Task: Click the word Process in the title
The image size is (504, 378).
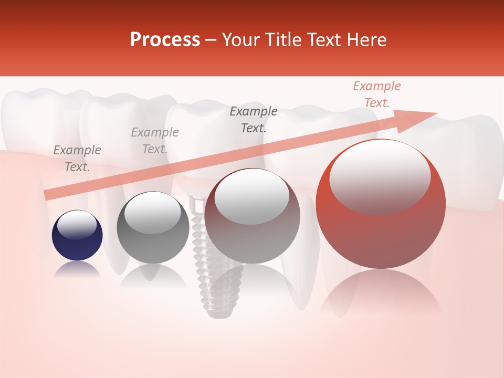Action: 165,40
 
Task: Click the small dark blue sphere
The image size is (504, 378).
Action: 77,236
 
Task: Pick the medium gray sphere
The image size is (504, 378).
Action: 153,228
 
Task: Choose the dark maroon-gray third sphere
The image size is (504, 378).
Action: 252,216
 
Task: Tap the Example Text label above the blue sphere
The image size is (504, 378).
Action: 77,159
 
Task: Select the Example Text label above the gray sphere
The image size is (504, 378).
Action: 155,141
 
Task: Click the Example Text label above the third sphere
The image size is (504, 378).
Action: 254,119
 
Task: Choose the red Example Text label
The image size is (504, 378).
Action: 376,94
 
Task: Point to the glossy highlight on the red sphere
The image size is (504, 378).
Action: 380,176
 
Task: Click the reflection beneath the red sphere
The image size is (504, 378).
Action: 381,294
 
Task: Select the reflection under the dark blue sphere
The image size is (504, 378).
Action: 77,269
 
